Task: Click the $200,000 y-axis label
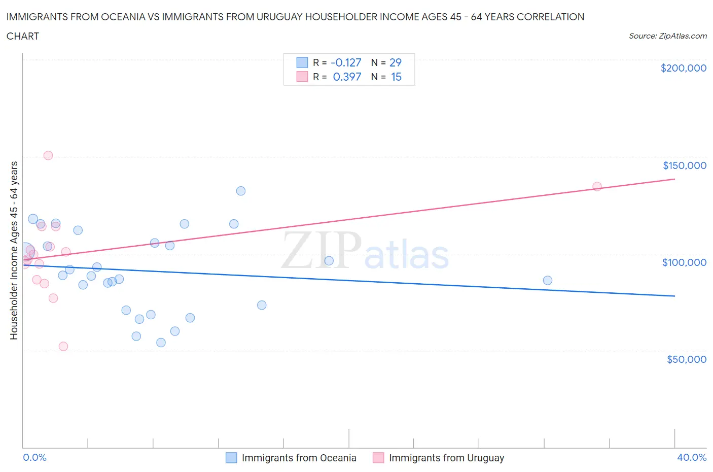683,68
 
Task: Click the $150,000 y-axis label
684,165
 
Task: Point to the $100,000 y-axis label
684,262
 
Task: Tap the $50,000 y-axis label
686,359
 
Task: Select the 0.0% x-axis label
34,457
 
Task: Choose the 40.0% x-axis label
692,457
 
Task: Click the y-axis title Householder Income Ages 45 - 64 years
14,250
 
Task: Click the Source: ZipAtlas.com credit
667,36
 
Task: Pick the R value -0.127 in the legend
346,62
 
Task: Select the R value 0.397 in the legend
347,77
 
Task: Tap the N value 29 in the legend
396,62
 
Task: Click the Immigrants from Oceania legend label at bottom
299,458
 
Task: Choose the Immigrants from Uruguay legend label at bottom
446,458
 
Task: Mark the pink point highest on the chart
48,155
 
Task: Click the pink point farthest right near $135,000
597,186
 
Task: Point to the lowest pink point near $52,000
63,346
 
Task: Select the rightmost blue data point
548,280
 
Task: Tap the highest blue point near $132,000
241,191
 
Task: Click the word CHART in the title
23,36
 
